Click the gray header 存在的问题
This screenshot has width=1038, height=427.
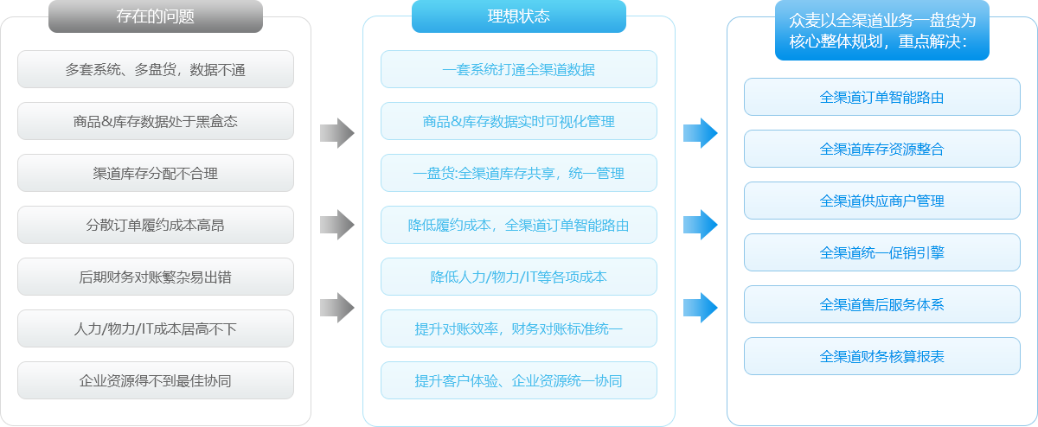[x=156, y=16]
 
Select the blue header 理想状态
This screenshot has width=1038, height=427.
[x=519, y=16]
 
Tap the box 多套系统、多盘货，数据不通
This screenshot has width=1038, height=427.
[x=156, y=69]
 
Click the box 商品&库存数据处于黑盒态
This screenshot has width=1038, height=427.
[x=156, y=121]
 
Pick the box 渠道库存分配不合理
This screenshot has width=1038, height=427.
[x=156, y=173]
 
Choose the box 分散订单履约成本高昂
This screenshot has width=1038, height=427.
[x=156, y=225]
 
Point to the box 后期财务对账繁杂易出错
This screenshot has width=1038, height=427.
[x=156, y=277]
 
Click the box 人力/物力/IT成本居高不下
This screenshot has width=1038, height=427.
[x=156, y=328]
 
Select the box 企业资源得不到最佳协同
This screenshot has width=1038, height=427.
[x=156, y=380]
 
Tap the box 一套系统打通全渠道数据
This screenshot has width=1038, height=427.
[x=519, y=69]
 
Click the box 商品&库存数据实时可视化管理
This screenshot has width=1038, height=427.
[x=519, y=121]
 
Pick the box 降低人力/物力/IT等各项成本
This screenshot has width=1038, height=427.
[x=519, y=277]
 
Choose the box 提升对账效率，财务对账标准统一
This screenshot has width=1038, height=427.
[x=519, y=328]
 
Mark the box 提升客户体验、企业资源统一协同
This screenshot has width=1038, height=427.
[x=519, y=380]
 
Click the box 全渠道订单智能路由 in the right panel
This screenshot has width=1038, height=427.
[x=882, y=97]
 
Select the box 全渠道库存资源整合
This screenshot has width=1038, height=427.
[x=882, y=149]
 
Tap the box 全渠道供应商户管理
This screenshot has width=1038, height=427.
[x=882, y=201]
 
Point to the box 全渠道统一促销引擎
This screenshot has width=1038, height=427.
[x=882, y=252]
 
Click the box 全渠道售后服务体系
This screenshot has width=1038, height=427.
[x=882, y=304]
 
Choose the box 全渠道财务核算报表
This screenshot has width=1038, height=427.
[x=882, y=356]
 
